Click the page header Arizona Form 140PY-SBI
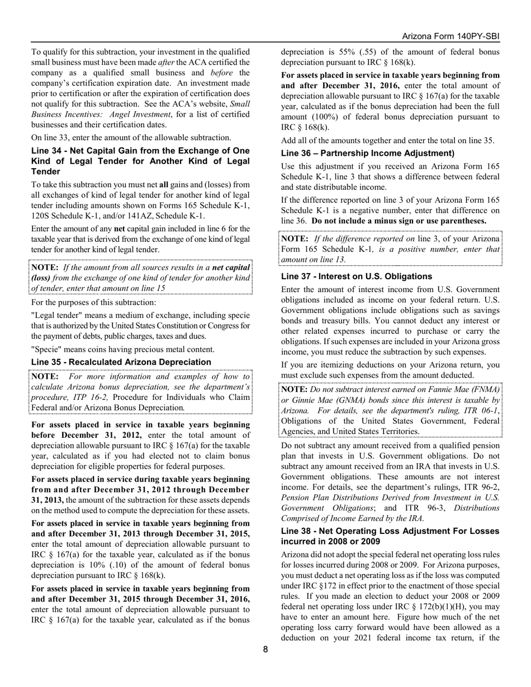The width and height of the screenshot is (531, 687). [x=451, y=36]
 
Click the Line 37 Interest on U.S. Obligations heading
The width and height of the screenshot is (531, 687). [x=357, y=276]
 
